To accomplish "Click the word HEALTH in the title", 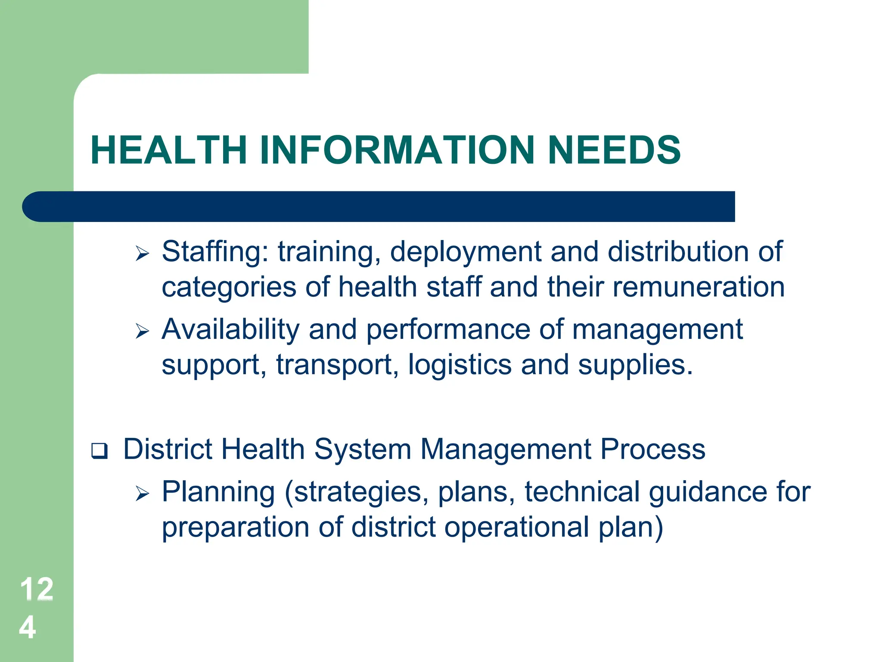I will click(168, 150).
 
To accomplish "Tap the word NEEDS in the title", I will click(615, 150).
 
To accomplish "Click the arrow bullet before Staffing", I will click(142, 253).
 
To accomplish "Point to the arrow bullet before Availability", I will click(142, 331).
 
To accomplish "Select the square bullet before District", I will click(99, 451).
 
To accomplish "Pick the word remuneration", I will click(699, 287).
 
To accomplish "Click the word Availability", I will click(230, 330).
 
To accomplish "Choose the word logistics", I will click(460, 365).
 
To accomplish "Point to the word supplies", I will click(635, 365).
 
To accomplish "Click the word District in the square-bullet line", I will click(168, 449).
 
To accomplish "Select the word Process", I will click(653, 449).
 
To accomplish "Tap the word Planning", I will click(218, 492).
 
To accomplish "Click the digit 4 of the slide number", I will click(28, 627).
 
